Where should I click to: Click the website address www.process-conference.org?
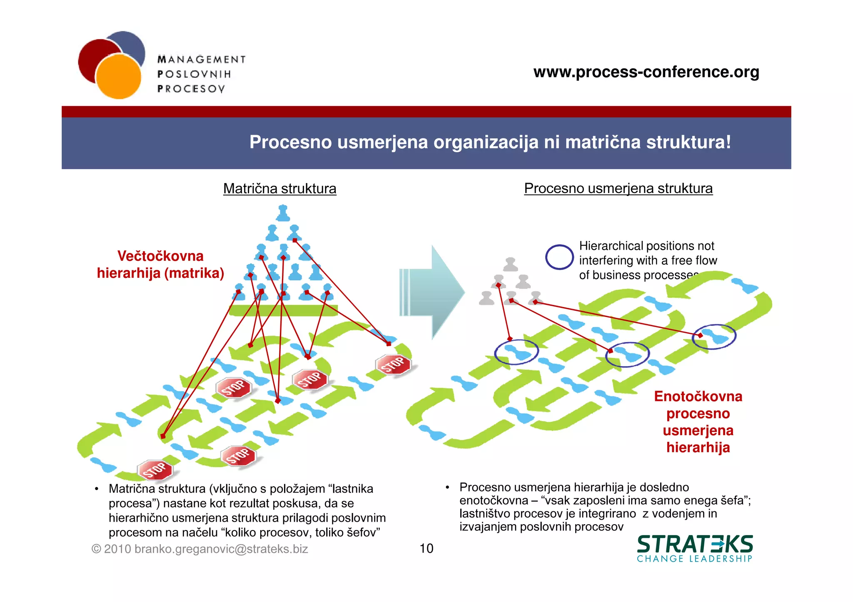[x=646, y=72]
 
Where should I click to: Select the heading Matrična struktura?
[x=279, y=188]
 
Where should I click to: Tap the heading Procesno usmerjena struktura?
[x=618, y=188]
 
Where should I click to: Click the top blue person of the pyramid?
[x=283, y=213]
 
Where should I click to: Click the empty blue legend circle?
[x=559, y=257]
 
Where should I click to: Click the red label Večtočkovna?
[x=160, y=256]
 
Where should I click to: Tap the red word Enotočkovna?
[x=698, y=396]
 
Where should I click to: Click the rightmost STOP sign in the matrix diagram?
[x=393, y=364]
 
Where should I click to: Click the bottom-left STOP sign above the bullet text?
[x=155, y=470]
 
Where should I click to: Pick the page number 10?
[x=426, y=548]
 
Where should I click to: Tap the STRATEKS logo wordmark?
[x=695, y=544]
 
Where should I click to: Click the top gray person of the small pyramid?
[x=511, y=264]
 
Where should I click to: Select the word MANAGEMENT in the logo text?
[x=202, y=59]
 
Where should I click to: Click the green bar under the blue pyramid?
[x=283, y=310]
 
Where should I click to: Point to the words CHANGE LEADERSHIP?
[x=694, y=559]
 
